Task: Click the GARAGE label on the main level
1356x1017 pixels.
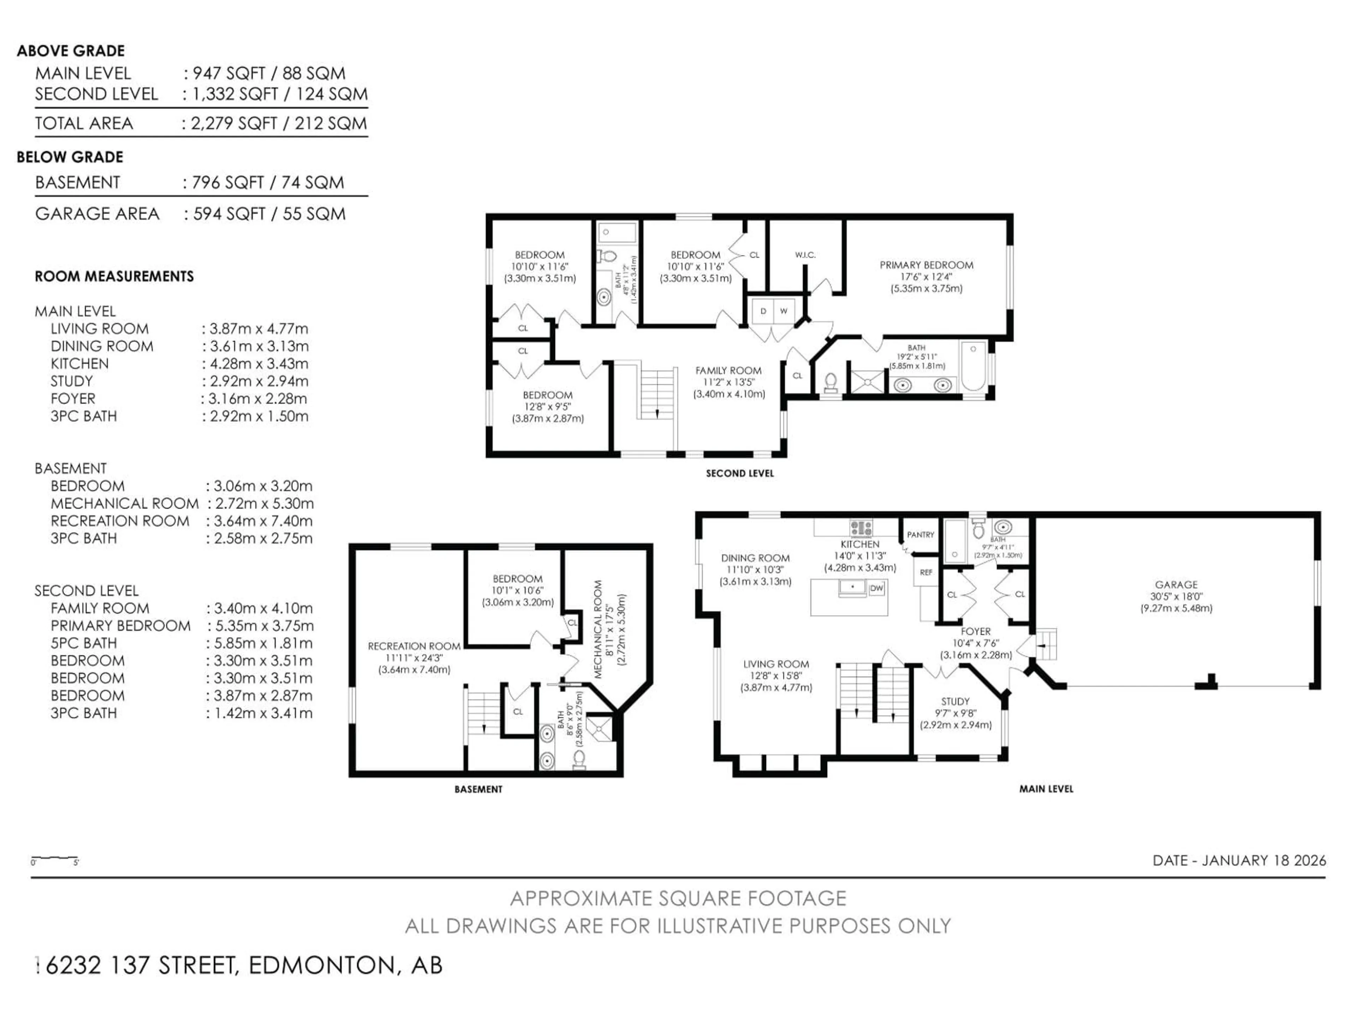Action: pyautogui.click(x=1176, y=585)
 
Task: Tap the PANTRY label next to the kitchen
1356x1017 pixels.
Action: pyautogui.click(x=920, y=535)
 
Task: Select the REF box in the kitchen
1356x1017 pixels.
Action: pyautogui.click(x=926, y=572)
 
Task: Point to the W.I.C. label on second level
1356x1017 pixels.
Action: pyautogui.click(x=805, y=255)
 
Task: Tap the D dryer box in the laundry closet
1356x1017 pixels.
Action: pyautogui.click(x=763, y=311)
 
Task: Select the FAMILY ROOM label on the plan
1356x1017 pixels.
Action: pyautogui.click(x=728, y=371)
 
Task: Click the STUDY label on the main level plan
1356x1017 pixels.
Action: pyautogui.click(x=955, y=701)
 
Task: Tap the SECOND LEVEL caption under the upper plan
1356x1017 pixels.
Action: pyautogui.click(x=739, y=473)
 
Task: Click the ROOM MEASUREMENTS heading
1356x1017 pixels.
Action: pyautogui.click(x=114, y=276)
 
